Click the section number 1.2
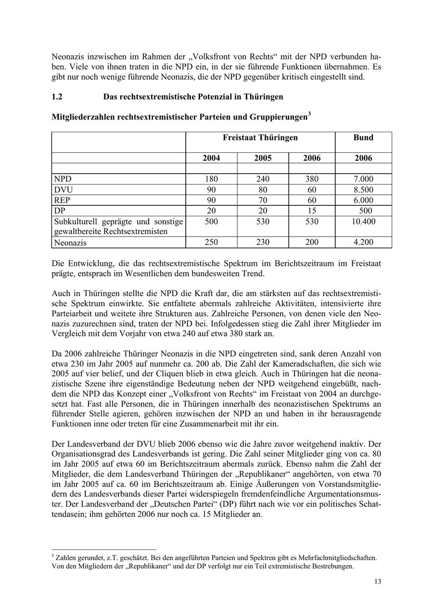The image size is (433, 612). [x=57, y=97]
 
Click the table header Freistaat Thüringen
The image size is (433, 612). [x=260, y=137]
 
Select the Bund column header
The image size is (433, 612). [x=363, y=137]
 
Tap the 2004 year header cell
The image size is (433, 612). [x=211, y=158]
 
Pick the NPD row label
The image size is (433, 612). [x=63, y=179]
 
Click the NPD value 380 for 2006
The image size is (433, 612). [x=311, y=179]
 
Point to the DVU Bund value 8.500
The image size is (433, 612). [x=363, y=190]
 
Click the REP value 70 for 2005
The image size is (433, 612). [x=263, y=200]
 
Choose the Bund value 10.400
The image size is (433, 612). [x=363, y=222]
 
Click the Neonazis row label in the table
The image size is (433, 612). [x=70, y=243]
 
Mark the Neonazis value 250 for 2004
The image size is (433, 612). [x=211, y=242]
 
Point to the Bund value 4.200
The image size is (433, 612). [x=363, y=242]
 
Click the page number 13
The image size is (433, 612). [x=378, y=582]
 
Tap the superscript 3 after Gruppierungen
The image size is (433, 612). [x=309, y=114]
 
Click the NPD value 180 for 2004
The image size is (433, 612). [x=211, y=179]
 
